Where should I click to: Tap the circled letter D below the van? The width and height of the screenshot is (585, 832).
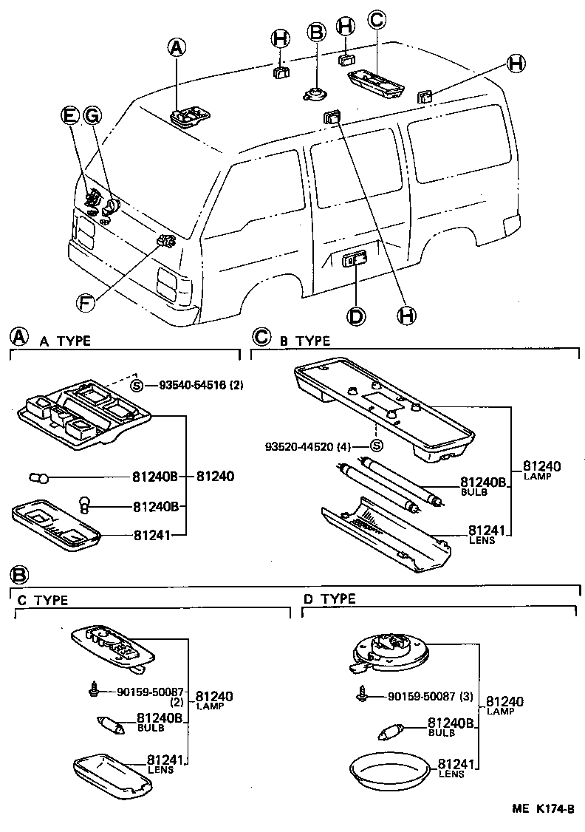[356, 316]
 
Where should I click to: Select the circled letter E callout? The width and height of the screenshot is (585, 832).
[69, 115]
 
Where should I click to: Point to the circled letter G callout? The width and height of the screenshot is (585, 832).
[92, 115]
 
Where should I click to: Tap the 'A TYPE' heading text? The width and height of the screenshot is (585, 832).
[65, 341]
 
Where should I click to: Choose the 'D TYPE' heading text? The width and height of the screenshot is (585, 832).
[329, 599]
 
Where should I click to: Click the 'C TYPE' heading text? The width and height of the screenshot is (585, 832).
[43, 600]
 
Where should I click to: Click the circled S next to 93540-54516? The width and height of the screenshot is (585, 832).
[136, 386]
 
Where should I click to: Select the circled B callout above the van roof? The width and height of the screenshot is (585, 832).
[317, 32]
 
